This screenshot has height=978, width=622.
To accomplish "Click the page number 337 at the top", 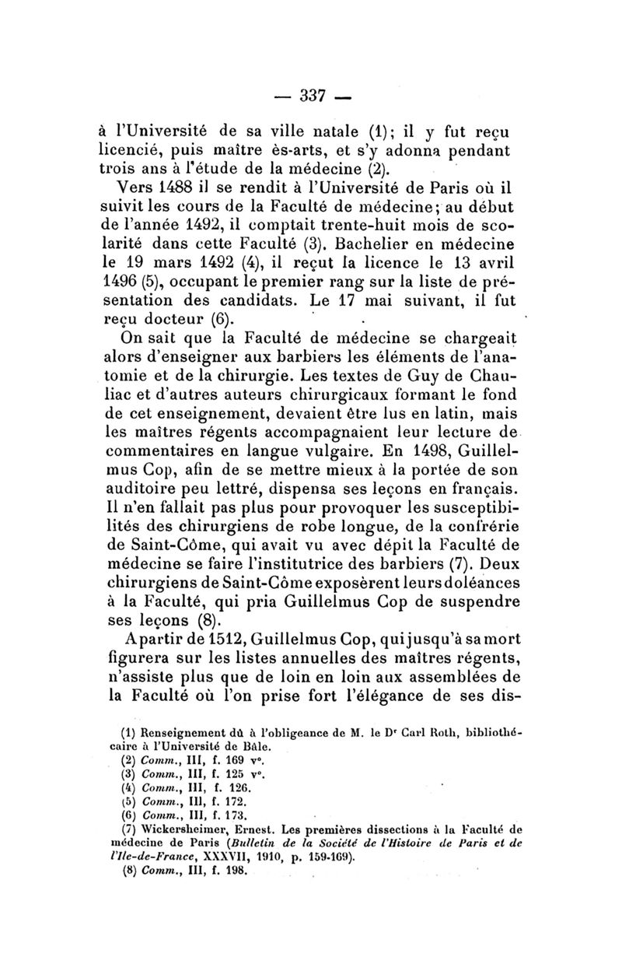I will coord(311,96).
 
